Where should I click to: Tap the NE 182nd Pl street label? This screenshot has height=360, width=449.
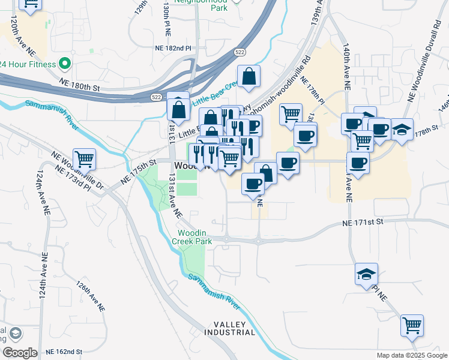pos(172,47)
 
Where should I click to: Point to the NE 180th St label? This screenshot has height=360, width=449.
pos(78,83)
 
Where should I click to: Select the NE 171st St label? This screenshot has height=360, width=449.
pos(362,223)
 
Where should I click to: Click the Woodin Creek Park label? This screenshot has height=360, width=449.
pos(192,236)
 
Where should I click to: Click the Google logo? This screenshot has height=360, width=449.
pos(19,353)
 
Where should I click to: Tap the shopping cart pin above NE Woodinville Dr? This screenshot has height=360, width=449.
pos(85,159)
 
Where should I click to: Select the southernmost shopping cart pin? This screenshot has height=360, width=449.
pos(412,325)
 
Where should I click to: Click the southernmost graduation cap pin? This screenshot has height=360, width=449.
pos(366,274)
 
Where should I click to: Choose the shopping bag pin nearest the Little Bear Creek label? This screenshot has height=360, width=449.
pos(249,77)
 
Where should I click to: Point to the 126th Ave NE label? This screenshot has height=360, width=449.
pos(91,295)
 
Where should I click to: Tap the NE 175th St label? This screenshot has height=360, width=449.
pos(137,171)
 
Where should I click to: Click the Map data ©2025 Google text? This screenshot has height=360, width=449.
pos(412,355)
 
